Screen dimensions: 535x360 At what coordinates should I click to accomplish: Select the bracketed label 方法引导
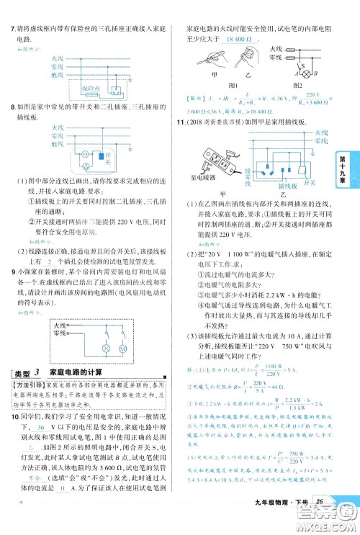30,386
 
